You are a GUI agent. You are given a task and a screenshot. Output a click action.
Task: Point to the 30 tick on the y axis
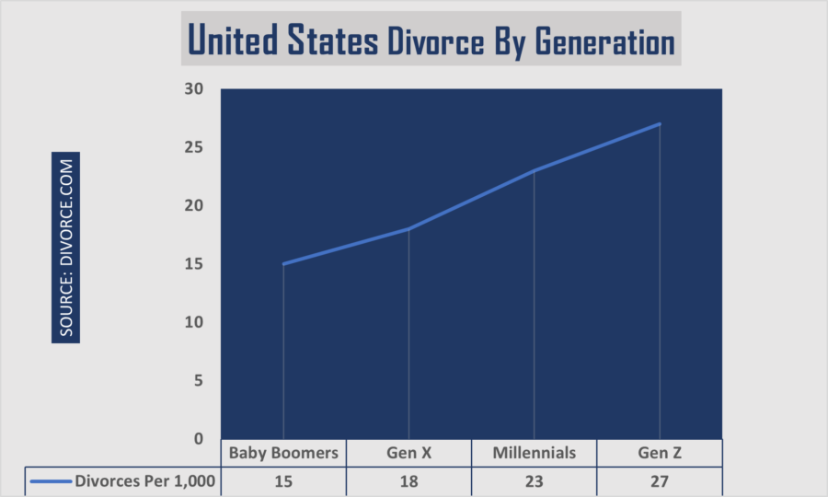[x=193, y=89]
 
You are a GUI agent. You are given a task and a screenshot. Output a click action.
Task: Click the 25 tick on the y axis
[x=193, y=147]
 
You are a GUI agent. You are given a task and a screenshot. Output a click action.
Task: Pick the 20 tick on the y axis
[x=193, y=206]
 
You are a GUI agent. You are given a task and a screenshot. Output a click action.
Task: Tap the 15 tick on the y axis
[x=193, y=264]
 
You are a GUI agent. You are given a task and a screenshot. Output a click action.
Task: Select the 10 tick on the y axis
[x=193, y=322]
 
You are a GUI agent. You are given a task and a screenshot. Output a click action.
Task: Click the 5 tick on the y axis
[x=198, y=381]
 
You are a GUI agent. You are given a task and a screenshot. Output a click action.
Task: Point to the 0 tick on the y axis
[x=198, y=439]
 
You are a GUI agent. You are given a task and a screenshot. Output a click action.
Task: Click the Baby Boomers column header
[x=283, y=453]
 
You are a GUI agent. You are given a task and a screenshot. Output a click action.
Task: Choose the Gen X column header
[x=408, y=453]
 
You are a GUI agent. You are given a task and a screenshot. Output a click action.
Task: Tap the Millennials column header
[x=535, y=453]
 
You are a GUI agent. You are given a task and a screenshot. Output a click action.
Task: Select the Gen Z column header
[x=660, y=453]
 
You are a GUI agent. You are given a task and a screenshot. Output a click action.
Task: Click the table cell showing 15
[x=283, y=480]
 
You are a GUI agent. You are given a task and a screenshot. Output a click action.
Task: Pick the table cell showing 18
[x=408, y=480]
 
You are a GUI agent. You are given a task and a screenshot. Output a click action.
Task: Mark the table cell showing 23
[x=535, y=480]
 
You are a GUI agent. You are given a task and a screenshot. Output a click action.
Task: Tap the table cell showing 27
[x=660, y=480]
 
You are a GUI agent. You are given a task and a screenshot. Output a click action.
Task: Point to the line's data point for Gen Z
[x=660, y=123]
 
